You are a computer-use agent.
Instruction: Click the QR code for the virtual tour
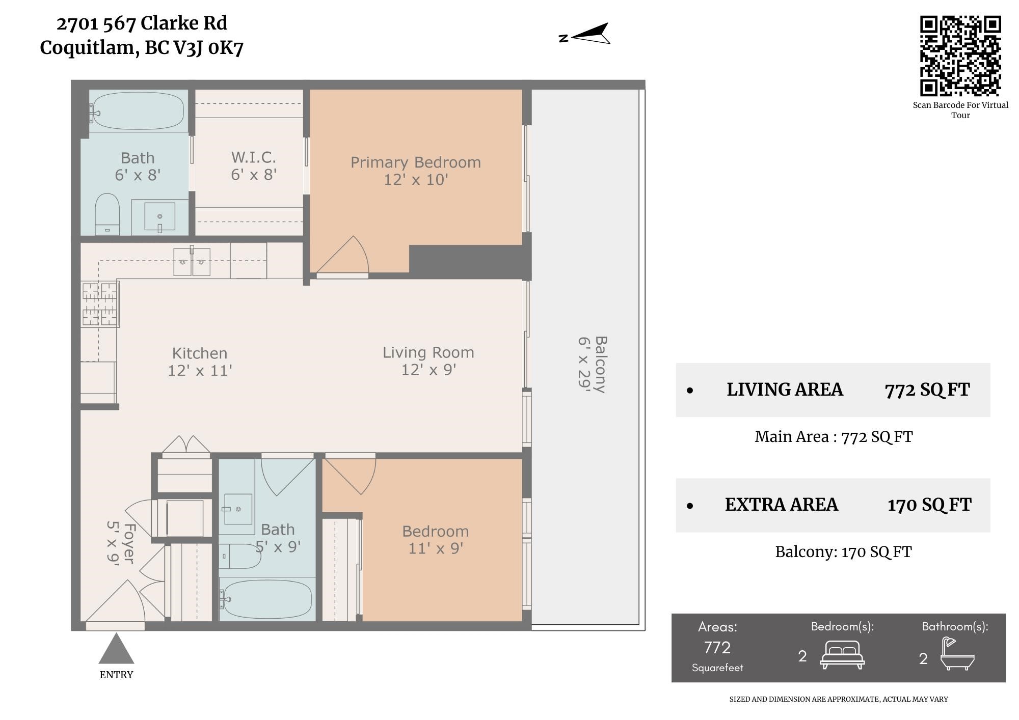960,56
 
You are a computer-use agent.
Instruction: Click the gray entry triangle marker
116,648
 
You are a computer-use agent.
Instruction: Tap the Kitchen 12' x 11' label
200,362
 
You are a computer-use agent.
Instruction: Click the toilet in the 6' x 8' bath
107,214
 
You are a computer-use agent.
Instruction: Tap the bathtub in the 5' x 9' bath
266,599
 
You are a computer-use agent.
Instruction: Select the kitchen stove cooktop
100,304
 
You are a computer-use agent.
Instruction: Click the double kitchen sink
192,262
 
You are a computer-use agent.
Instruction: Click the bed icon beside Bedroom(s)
842,655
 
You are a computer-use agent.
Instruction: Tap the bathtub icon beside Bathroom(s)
957,654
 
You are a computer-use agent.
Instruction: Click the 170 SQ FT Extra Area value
929,505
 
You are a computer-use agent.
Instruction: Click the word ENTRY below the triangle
116,675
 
